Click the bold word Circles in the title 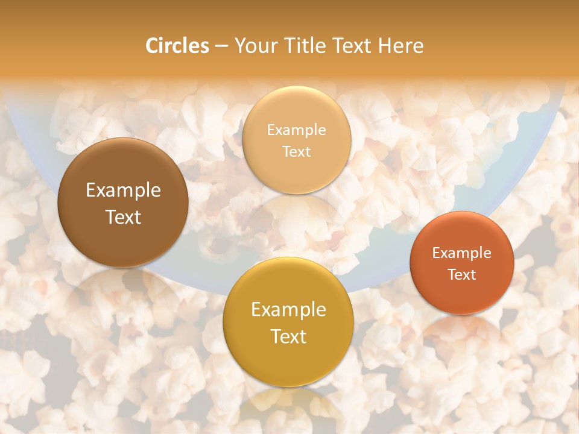(177, 46)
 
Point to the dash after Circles (221, 46)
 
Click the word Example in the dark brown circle (123, 190)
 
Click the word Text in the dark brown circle (123, 217)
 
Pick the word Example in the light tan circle (296, 130)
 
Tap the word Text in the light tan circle (296, 152)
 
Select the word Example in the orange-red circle (462, 253)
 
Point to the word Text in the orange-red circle (462, 275)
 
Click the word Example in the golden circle (288, 310)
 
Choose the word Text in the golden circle (288, 336)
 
